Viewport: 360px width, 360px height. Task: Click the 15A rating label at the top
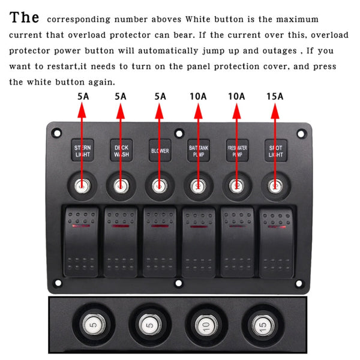point(275,96)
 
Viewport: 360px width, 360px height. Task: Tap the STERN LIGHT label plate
point(82,151)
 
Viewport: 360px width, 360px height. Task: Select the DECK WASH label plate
point(121,151)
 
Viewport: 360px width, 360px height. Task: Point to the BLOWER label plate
point(159,151)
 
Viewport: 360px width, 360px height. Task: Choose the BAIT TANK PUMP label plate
point(198,151)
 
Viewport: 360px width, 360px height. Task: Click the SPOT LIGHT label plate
point(275,151)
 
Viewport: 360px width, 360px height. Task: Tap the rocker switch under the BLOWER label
point(160,241)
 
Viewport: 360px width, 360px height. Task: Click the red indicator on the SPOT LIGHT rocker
point(276,228)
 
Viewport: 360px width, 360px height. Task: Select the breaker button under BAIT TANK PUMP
point(198,186)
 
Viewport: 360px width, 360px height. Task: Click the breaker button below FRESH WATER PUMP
point(236,186)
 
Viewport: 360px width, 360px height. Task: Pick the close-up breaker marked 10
point(206,326)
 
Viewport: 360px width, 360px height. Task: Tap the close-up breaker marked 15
point(262,326)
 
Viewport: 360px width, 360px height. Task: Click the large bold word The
point(25,17)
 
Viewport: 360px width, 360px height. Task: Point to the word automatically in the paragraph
point(167,51)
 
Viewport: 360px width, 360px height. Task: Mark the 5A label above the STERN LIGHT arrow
point(82,96)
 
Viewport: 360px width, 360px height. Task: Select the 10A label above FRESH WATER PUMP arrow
point(236,96)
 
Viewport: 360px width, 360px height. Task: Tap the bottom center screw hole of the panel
point(178,283)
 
